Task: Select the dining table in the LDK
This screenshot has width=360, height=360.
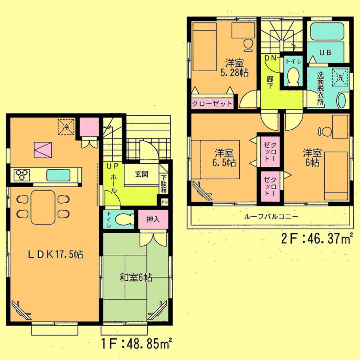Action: point(42,207)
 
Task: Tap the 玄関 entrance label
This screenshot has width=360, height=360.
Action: point(141,174)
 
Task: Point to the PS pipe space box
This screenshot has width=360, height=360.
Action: point(165,202)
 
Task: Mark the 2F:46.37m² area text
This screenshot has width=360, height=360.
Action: point(316,239)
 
